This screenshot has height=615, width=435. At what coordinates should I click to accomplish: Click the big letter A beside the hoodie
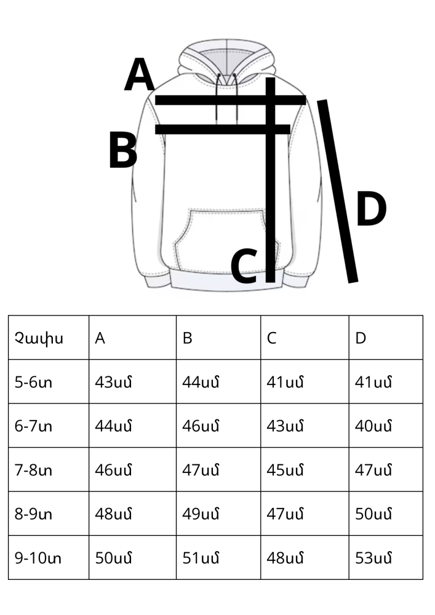pos(139,74)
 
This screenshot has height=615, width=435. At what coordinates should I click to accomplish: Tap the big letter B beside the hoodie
pos(123,150)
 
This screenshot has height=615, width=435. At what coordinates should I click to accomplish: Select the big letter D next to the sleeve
pos(371,208)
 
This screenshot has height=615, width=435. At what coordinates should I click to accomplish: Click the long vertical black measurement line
pos(270,180)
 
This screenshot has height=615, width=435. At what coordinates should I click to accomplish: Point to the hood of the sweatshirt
pos(226,63)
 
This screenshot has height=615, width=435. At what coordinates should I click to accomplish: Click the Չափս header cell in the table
pos(39,338)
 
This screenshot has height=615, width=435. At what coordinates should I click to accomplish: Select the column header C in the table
pos(271,338)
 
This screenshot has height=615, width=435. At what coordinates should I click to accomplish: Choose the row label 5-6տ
pos(33,382)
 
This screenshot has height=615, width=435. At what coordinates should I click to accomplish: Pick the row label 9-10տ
pos(38,558)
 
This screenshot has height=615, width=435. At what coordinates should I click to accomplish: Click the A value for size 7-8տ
pos(113,470)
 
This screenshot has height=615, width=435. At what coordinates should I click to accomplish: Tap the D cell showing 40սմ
pos(373,426)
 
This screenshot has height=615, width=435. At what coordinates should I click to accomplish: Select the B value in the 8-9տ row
pos(201,514)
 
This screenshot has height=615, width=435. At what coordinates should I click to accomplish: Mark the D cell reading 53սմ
pos(373,558)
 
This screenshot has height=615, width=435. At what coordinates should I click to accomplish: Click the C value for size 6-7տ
pos(285,426)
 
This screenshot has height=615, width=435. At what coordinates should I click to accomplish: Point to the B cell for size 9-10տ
pos(201,558)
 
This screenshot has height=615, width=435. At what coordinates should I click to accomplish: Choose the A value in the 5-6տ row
pos(113,382)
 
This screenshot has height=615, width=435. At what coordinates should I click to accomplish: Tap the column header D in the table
pos(361,338)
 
